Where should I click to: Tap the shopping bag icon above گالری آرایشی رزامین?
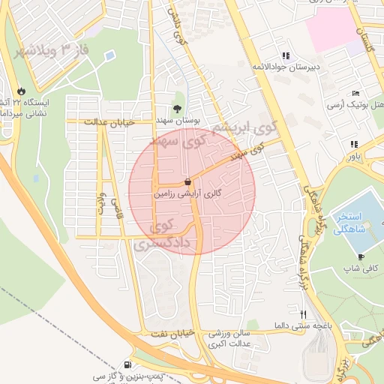pos(187,181)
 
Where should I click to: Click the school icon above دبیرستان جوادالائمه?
pos(284,55)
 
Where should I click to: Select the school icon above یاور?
pos(353,144)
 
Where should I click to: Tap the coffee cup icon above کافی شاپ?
pos(361,256)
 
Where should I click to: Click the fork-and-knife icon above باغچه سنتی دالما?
pos(303,314)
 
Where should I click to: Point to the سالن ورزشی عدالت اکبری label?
pos(217,339)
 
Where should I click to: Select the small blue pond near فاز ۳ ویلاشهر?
pos(110,55)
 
